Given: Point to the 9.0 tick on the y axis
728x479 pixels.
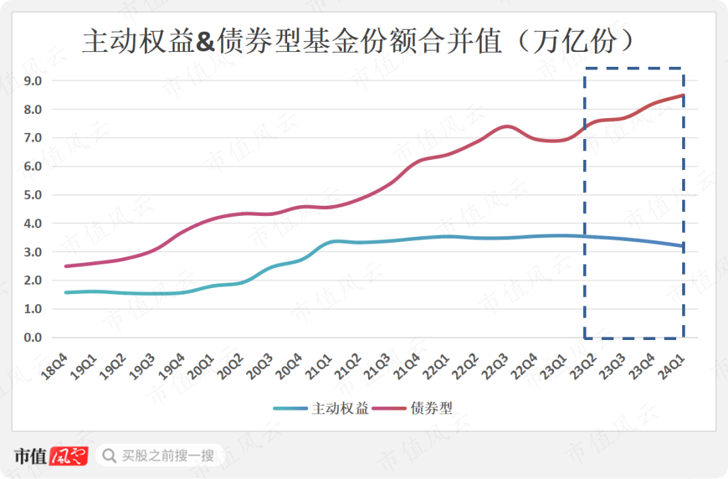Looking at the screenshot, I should (x=33, y=81).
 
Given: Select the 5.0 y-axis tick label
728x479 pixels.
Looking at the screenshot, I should (x=33, y=195).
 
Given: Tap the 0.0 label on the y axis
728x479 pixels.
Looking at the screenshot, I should (x=33, y=337).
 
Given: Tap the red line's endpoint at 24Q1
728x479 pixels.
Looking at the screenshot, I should (x=684, y=95).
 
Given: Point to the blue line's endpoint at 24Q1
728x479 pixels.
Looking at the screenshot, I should (x=684, y=246).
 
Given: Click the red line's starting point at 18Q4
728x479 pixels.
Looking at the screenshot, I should (x=65, y=266).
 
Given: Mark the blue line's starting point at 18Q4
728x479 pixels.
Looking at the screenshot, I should (x=65, y=292).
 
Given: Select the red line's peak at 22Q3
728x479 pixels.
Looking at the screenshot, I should (x=508, y=126).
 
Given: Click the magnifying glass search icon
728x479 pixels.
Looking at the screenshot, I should (x=108, y=457).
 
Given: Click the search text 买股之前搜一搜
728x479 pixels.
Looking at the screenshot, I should (x=168, y=455).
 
